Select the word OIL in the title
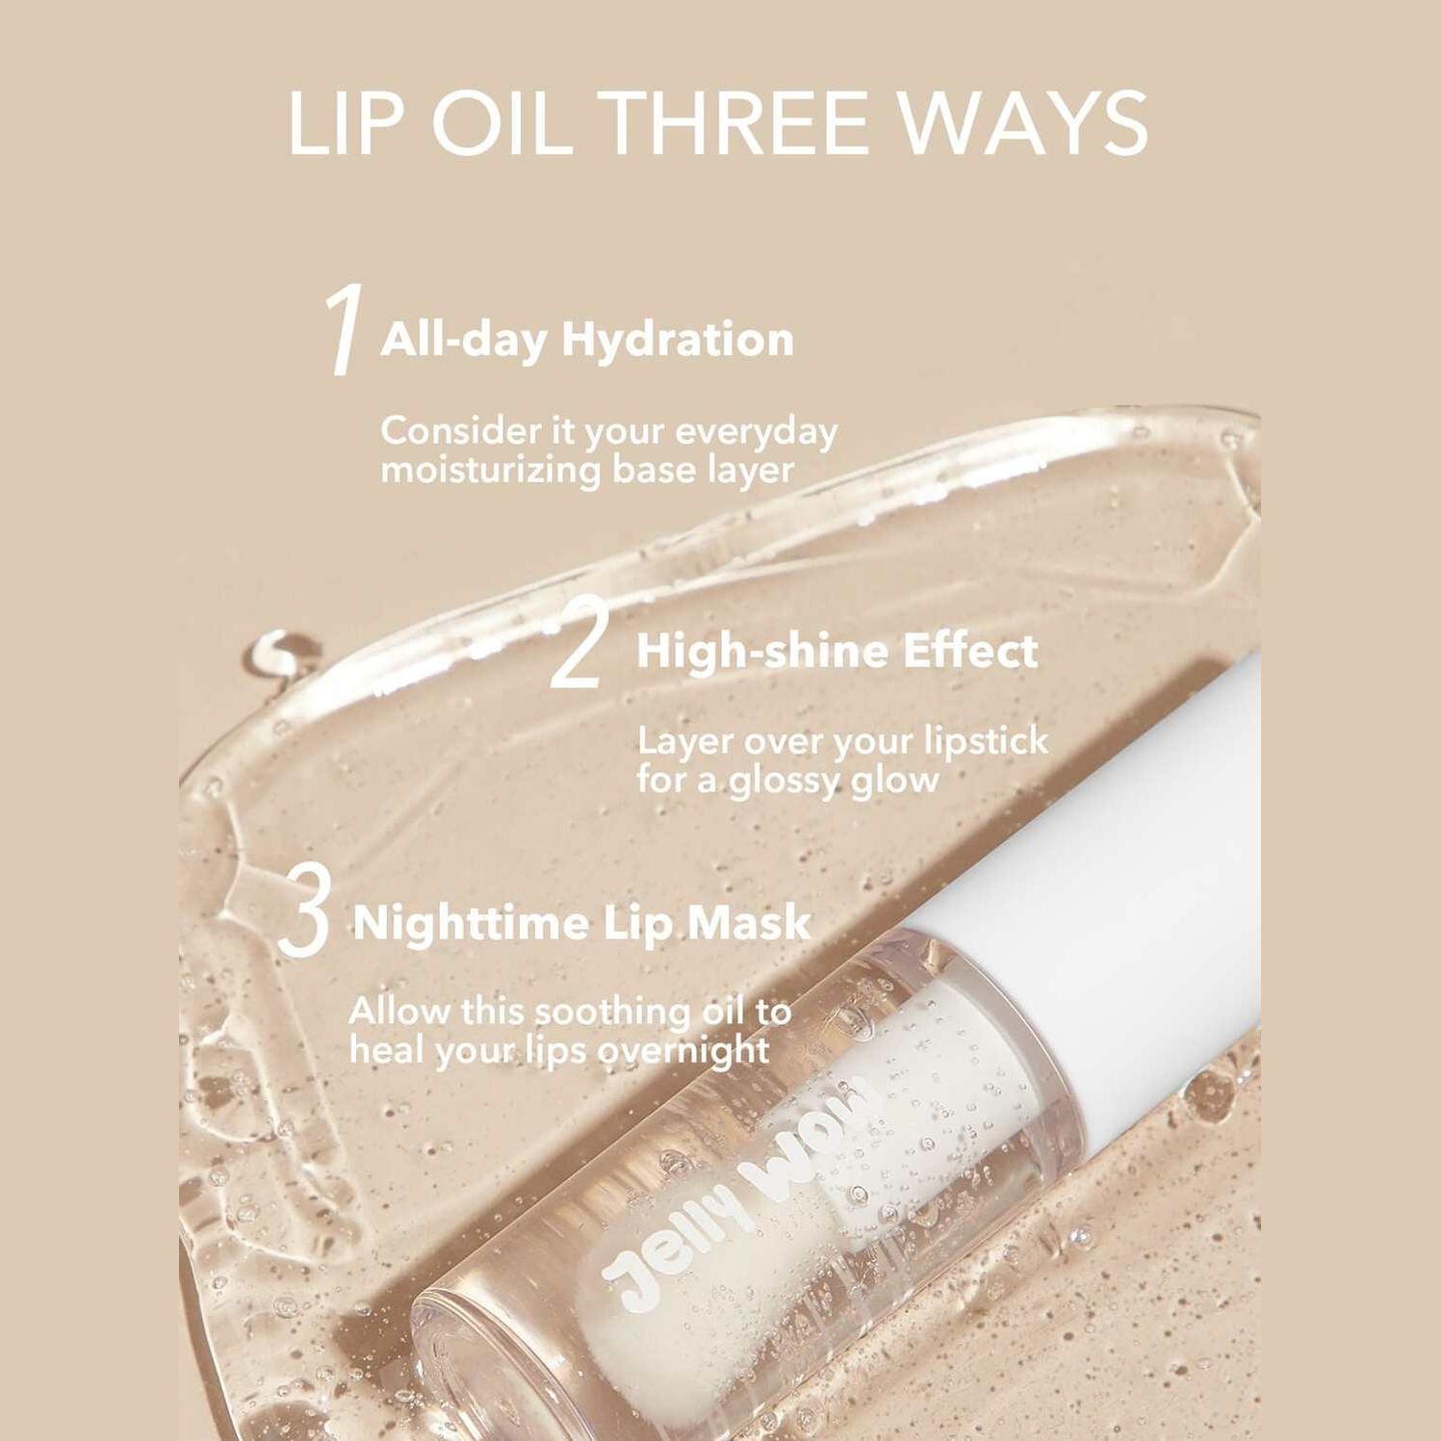pyautogui.click(x=500, y=123)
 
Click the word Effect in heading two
pyautogui.click(x=971, y=652)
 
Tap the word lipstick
pyautogui.click(x=986, y=742)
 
